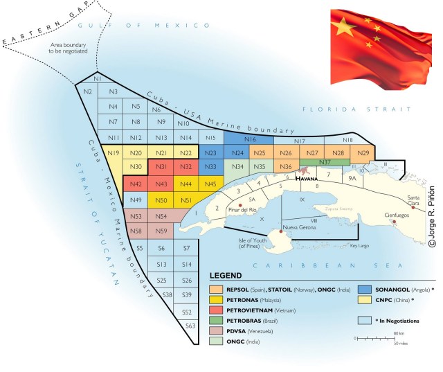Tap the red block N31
point(161,167)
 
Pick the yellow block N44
point(186,184)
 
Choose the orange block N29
point(361,152)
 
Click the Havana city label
point(307,178)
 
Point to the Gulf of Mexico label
point(144,25)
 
